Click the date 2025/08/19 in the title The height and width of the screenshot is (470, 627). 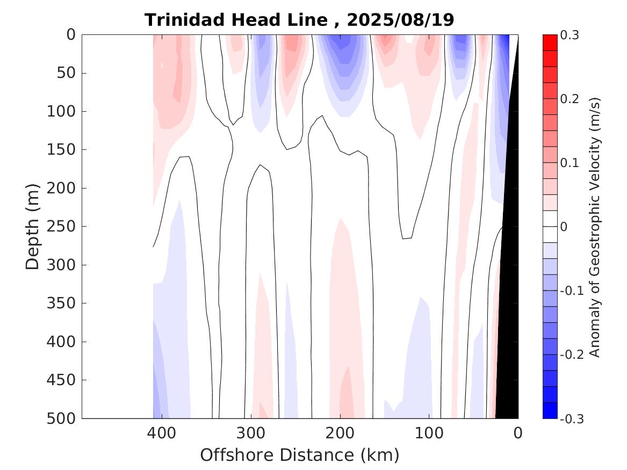(x=400, y=20)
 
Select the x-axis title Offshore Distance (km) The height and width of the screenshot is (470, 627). (x=300, y=454)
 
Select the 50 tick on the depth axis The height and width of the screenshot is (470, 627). (x=68, y=73)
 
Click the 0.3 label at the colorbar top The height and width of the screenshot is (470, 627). (x=570, y=35)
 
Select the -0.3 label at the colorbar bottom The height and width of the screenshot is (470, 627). (x=572, y=418)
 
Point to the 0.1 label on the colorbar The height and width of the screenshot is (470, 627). (x=570, y=163)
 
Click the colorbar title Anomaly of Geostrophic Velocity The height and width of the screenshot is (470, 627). (x=595, y=227)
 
